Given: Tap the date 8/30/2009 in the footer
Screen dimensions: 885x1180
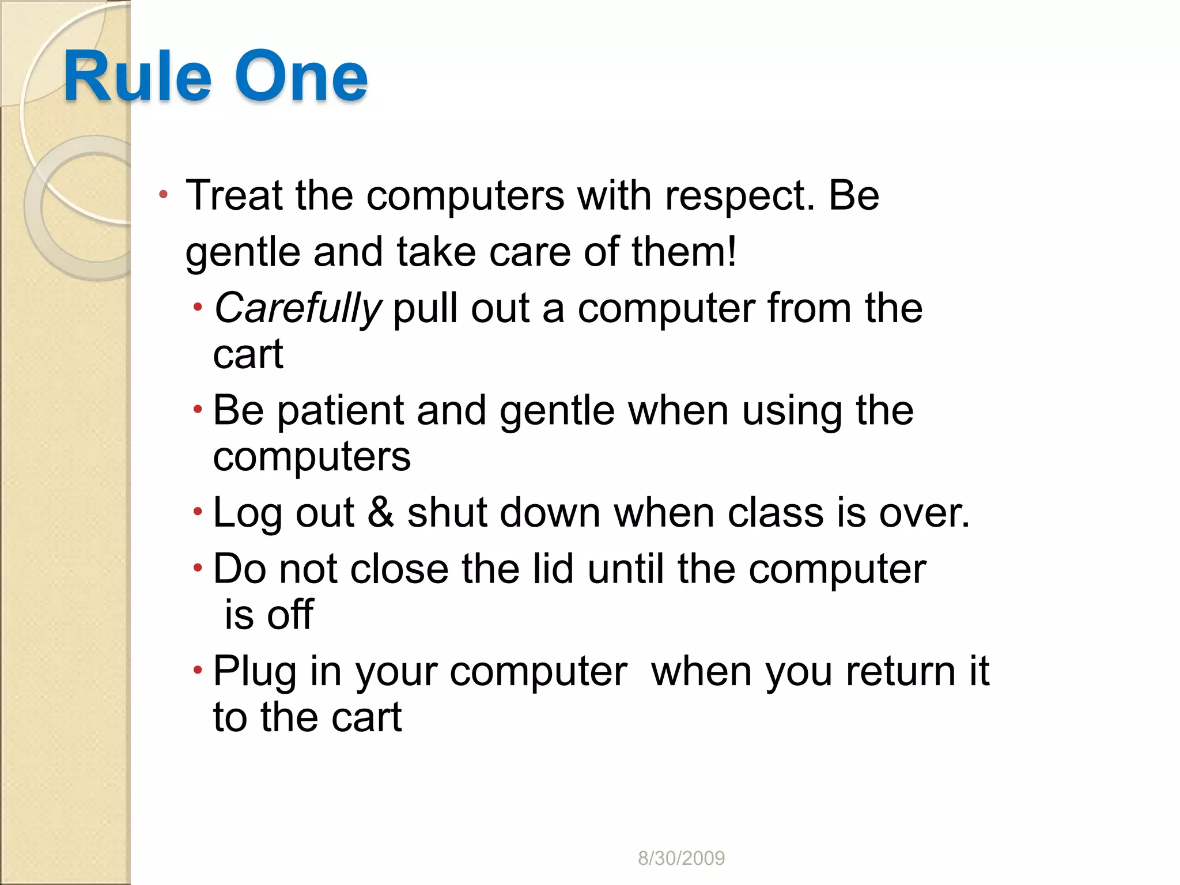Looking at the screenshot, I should point(681,858).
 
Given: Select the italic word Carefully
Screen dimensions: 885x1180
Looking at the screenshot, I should point(297,309).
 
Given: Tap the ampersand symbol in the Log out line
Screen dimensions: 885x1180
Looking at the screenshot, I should point(380,512).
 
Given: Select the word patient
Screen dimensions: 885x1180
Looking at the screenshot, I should point(341,411).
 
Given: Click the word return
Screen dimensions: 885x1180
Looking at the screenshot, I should point(901,671).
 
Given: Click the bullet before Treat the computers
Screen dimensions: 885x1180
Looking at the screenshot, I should point(164,195).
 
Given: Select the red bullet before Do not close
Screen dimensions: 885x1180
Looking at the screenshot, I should point(198,568).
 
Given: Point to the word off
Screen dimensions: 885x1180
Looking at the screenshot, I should point(290,615).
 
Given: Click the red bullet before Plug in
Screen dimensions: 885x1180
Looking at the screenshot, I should point(198,670).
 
